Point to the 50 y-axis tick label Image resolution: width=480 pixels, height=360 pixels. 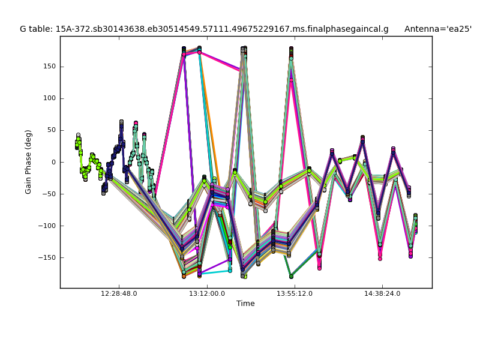[x=51, y=130]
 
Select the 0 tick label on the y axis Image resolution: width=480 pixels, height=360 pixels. [x=53, y=162]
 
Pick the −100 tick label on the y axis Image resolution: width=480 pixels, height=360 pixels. [x=46, y=226]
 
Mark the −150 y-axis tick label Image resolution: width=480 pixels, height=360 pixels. [x=46, y=257]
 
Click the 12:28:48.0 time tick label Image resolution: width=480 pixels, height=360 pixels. [x=119, y=294]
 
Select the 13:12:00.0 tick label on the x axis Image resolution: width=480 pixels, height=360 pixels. [x=207, y=294]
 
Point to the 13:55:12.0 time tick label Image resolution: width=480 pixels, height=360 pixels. [x=295, y=294]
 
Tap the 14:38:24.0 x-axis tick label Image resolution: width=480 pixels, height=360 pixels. [x=382, y=294]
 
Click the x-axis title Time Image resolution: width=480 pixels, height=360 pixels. [x=245, y=304]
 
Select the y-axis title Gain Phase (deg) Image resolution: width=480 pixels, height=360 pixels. [x=28, y=162]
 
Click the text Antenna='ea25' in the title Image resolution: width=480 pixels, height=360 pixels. [x=437, y=29]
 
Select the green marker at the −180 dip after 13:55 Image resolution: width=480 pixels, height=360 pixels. [x=291, y=276]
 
